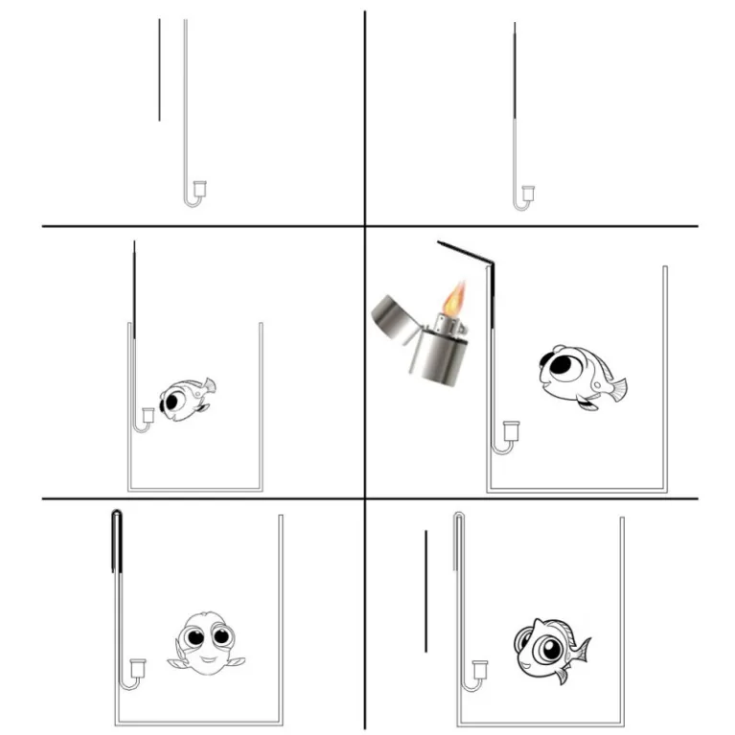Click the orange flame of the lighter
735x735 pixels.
click(x=457, y=296)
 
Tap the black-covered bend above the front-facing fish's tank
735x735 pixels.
click(x=117, y=517)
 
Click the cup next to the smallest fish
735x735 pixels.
click(x=148, y=416)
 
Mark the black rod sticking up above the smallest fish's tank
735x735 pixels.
click(x=134, y=287)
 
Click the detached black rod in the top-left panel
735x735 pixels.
click(x=159, y=70)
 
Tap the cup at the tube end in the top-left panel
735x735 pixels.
click(x=200, y=188)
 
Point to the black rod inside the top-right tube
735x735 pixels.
click(x=515, y=72)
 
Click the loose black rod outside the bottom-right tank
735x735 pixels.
click(x=425, y=590)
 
